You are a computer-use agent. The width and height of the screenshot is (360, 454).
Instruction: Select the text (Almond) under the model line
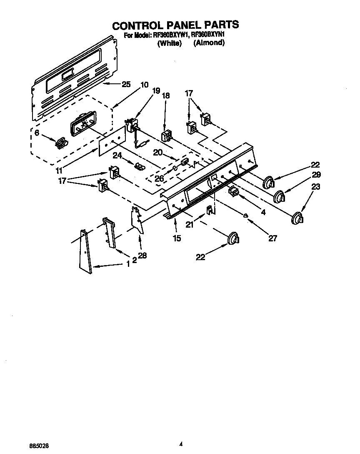tap(209, 43)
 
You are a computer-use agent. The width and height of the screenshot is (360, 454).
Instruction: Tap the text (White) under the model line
tap(170, 43)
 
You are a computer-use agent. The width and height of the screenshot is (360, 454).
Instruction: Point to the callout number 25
tap(126, 84)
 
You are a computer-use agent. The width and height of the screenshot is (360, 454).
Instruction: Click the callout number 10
tap(144, 84)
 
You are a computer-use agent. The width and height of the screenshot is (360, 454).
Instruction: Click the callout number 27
tap(272, 238)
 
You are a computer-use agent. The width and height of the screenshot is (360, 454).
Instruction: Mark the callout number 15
tap(177, 238)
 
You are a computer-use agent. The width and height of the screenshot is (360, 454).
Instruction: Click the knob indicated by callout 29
tap(280, 195)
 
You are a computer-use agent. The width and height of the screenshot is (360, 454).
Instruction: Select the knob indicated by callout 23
tap(297, 218)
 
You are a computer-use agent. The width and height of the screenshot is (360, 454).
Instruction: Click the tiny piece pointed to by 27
tap(246, 215)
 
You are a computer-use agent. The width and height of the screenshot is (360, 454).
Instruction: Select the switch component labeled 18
tap(166, 135)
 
